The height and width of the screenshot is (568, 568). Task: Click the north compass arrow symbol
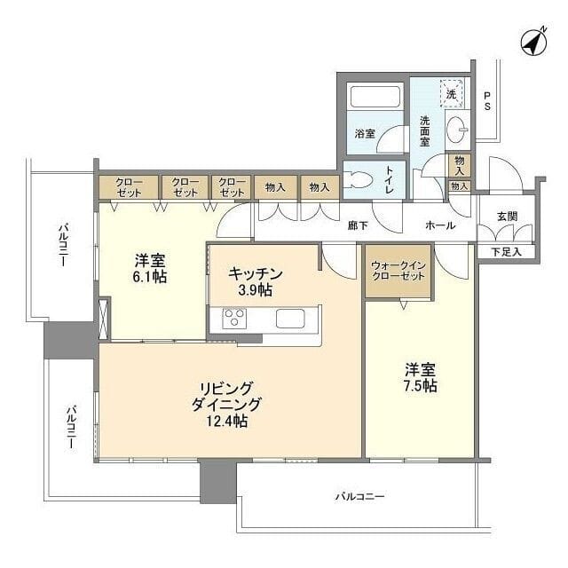point(533,42)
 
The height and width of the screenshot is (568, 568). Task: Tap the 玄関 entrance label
point(508,216)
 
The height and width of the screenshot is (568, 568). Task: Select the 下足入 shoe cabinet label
point(507,252)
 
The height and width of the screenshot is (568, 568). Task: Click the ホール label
point(440,225)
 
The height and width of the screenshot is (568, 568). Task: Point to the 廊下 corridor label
point(357,225)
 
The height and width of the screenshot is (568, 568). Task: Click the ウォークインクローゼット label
point(398,271)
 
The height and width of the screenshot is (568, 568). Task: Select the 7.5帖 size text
point(421,386)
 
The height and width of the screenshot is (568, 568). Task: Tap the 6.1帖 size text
point(151,277)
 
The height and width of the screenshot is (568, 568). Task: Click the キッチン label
point(256,274)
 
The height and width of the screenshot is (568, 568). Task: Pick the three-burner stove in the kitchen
point(235,318)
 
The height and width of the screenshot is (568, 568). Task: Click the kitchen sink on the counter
point(291,319)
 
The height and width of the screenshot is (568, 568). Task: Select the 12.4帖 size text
point(229,421)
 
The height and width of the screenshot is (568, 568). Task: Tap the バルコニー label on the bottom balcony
point(359,497)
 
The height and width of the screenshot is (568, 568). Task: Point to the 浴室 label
point(365,134)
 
